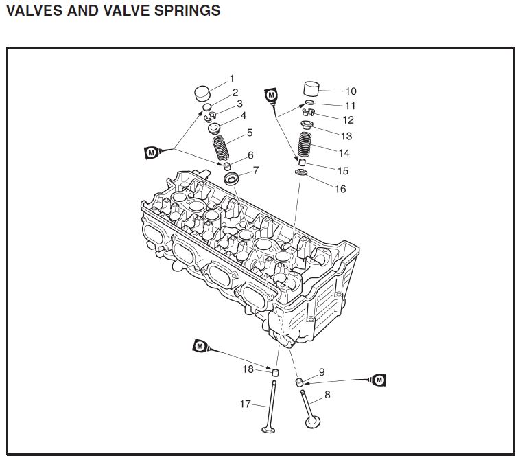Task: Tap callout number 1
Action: click(231, 79)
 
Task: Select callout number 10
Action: click(351, 91)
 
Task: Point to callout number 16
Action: click(340, 189)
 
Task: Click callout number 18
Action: click(248, 369)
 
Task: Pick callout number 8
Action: click(327, 395)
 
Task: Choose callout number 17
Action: click(246, 404)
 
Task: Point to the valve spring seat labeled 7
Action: click(232, 180)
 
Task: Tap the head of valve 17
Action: click(268, 430)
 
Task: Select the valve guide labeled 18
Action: click(276, 372)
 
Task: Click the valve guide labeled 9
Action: click(299, 382)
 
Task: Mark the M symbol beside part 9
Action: click(378, 380)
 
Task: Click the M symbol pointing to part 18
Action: click(199, 346)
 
